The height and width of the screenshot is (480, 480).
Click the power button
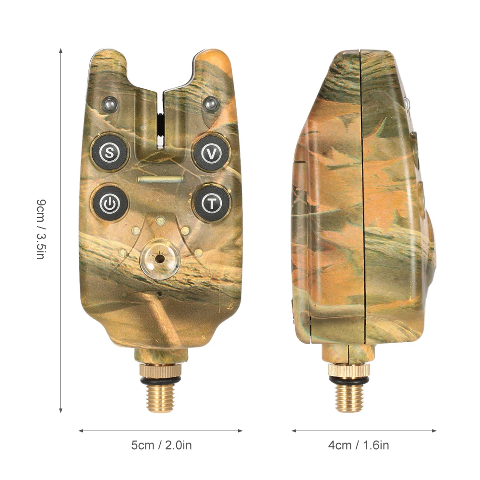point(110,203)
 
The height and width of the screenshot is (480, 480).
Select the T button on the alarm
point(212,203)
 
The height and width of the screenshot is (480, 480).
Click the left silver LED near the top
point(110,104)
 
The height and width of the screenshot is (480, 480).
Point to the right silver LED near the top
point(211,104)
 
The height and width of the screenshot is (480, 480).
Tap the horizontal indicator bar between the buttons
point(160,180)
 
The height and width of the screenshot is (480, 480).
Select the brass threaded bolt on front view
point(160,397)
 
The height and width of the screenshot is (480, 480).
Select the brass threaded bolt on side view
point(349,397)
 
